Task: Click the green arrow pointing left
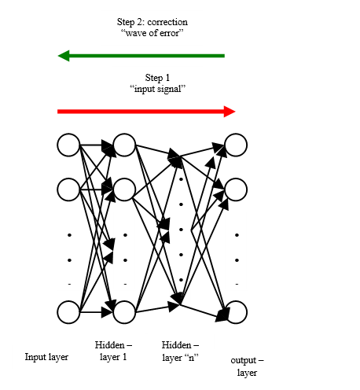point(141,56)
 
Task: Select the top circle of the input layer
point(69,145)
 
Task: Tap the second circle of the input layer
point(69,189)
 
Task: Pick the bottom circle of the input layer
point(69,312)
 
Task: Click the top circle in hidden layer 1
point(125,145)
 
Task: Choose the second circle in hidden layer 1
point(125,189)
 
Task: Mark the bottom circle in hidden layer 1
point(125,312)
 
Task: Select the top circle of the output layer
point(236,145)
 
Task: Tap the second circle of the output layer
point(236,189)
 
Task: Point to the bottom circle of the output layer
point(236,312)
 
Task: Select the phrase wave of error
point(145,35)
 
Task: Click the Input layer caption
point(46,357)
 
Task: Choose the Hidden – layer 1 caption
point(113,351)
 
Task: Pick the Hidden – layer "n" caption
point(180,351)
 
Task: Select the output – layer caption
point(247,366)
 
